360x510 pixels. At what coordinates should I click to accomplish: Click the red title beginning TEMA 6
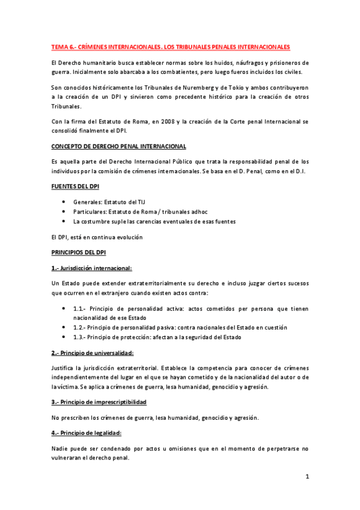[171, 46]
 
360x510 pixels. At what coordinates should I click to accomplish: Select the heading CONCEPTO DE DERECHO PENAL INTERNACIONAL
[118, 146]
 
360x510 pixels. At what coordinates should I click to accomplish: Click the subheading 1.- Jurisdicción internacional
[92, 267]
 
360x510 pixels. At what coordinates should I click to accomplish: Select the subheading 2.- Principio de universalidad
[93, 352]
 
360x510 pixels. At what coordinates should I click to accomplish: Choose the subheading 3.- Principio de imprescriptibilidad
[99, 401]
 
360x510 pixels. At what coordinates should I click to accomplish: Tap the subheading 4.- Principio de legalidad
[87, 433]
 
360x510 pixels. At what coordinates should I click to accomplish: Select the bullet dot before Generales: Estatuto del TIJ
[64, 203]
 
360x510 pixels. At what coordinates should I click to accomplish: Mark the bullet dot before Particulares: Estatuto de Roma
[64, 212]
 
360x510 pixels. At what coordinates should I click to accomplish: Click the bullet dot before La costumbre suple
[64, 221]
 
